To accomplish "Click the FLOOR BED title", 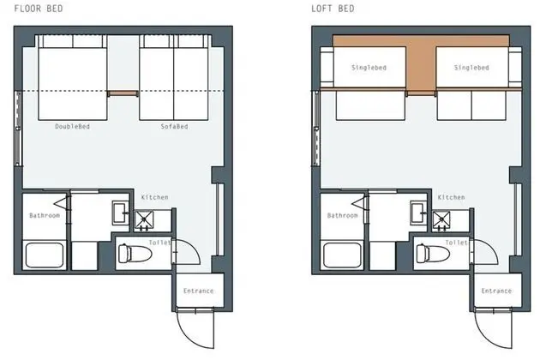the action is pyautogui.click(x=39, y=9).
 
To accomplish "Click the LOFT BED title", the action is pyautogui.click(x=333, y=9).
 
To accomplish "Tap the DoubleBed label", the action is pyautogui.click(x=72, y=127).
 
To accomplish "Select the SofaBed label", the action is pyautogui.click(x=174, y=127).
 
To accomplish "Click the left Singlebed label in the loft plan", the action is pyautogui.click(x=369, y=68).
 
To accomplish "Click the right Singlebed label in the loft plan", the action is pyautogui.click(x=471, y=68).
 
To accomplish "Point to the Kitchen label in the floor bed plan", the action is pyautogui.click(x=154, y=197).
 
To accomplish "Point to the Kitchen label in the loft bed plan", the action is pyautogui.click(x=451, y=197).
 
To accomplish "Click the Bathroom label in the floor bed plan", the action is pyautogui.click(x=45, y=215).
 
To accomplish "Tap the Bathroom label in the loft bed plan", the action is pyautogui.click(x=342, y=215).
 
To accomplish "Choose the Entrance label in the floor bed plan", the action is pyautogui.click(x=198, y=291).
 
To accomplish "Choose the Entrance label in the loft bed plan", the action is pyautogui.click(x=496, y=291).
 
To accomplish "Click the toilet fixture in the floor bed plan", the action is pyautogui.click(x=135, y=253).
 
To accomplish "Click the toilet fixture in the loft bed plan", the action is pyautogui.click(x=433, y=253).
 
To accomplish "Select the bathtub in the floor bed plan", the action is pyautogui.click(x=45, y=255).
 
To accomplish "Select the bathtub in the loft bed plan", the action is pyautogui.click(x=342, y=255).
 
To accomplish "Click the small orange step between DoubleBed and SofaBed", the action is pyautogui.click(x=123, y=93).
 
